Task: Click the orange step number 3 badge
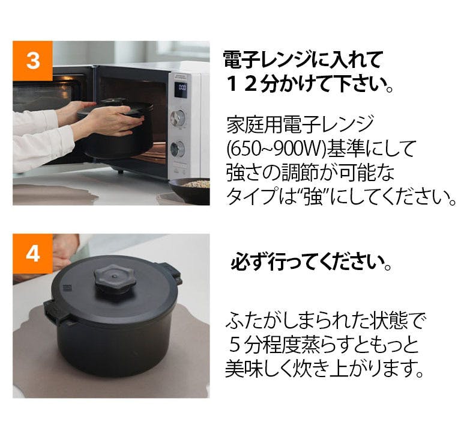tap(32, 61)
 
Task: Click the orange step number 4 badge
tap(32, 254)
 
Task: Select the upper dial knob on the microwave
tap(178, 118)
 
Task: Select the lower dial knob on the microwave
tap(178, 149)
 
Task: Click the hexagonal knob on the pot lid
tap(115, 278)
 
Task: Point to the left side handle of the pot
tap(56, 313)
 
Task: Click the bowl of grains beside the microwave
tap(190, 191)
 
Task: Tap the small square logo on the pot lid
tap(67, 288)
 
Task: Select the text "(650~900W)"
tap(276, 149)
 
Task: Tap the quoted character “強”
tap(313, 196)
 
